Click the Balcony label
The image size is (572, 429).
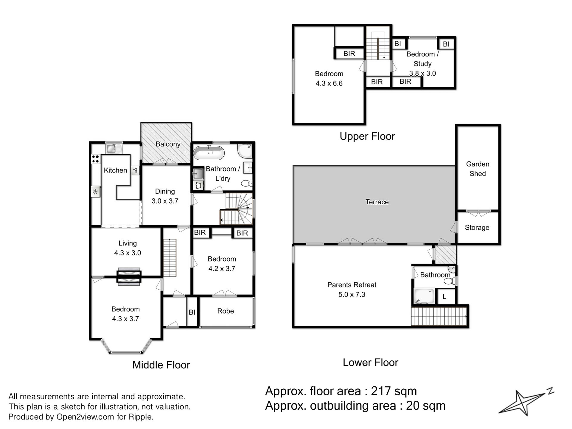(x=168, y=144)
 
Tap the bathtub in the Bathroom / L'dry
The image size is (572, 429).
(x=209, y=153)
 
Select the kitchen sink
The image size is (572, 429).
(x=114, y=148)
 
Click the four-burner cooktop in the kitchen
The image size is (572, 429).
(x=95, y=159)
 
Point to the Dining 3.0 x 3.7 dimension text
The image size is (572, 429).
(x=165, y=201)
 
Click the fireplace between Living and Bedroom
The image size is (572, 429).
(x=129, y=277)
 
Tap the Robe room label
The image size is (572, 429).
(x=226, y=311)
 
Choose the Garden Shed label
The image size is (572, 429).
(x=478, y=169)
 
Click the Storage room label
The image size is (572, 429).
(x=477, y=228)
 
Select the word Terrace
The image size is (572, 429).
(x=377, y=202)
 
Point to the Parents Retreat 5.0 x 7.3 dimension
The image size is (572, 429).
(x=352, y=294)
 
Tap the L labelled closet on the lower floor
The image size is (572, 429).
(x=444, y=297)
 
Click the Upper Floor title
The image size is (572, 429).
(x=367, y=136)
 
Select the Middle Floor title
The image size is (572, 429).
(x=161, y=365)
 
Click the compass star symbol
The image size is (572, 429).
(x=523, y=403)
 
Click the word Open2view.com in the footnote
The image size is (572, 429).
(x=85, y=417)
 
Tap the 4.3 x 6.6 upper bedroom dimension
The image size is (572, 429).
(x=329, y=83)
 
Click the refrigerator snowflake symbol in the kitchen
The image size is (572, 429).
(x=95, y=192)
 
